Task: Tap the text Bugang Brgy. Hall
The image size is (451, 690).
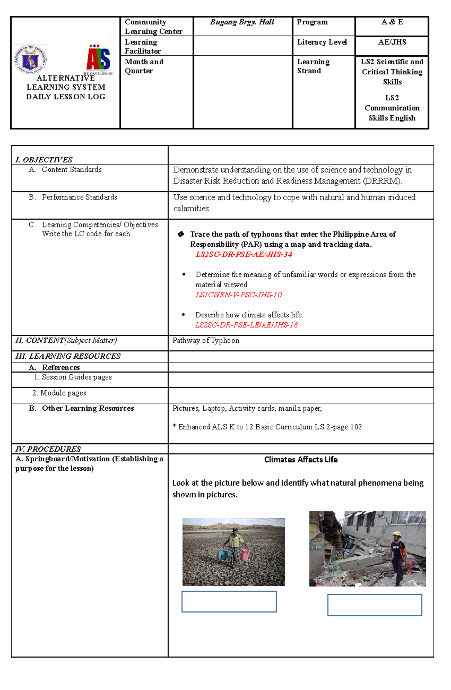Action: [242, 22]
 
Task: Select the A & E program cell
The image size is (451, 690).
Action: [392, 22]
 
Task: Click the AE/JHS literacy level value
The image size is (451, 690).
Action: [392, 42]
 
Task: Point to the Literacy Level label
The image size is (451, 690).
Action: [322, 42]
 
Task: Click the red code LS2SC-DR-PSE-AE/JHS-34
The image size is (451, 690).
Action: [244, 254]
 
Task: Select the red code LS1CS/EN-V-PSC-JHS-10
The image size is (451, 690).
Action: [238, 294]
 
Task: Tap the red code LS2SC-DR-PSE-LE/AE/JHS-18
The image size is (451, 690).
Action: [246, 325]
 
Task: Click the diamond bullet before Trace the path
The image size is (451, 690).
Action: [181, 234]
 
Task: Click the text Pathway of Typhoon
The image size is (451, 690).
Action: [206, 340]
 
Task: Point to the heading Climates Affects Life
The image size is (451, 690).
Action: [301, 459]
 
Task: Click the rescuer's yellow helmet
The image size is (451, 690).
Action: [397, 534]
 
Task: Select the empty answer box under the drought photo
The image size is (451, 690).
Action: [229, 601]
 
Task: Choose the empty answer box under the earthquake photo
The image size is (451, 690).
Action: [374, 605]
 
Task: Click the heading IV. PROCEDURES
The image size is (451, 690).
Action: [48, 449]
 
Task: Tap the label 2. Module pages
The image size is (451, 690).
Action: [59, 393]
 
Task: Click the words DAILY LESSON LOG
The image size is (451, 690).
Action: [65, 97]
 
